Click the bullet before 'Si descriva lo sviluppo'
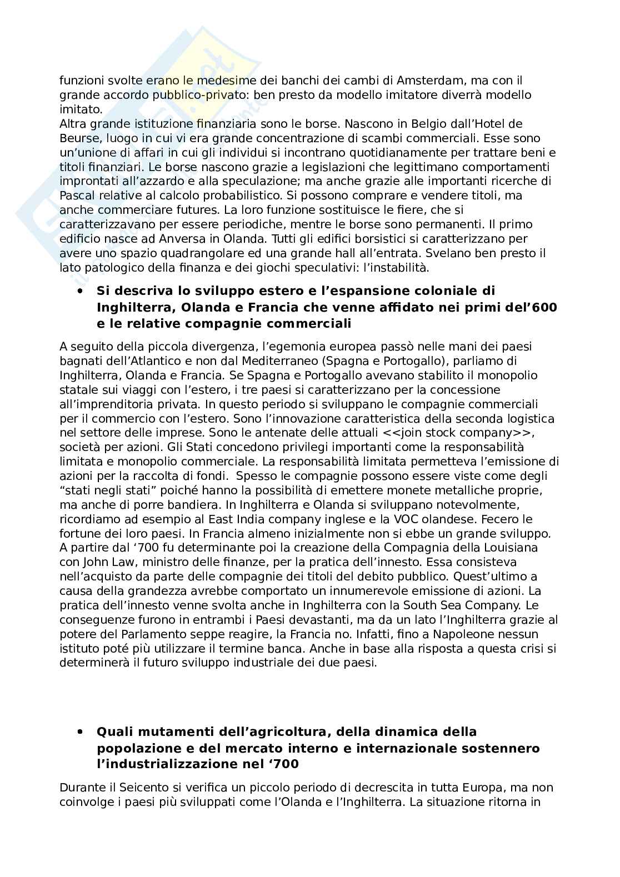click(x=81, y=290)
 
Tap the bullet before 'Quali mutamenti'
click(x=81, y=731)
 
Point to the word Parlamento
click(x=143, y=634)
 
